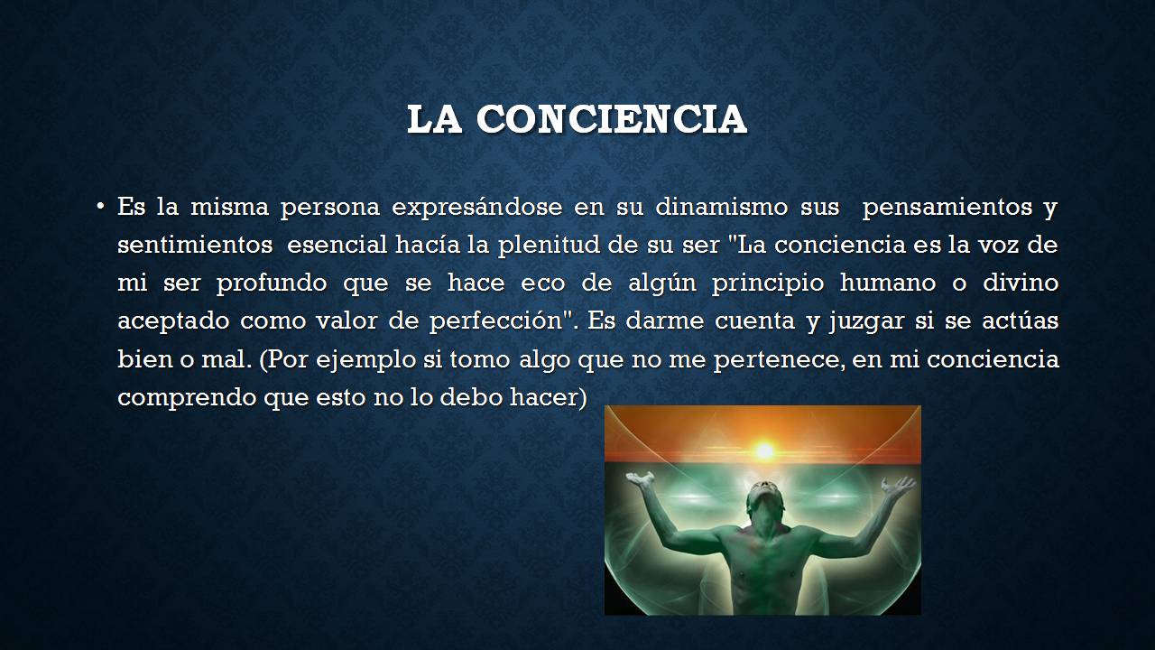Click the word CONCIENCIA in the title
coord(612,119)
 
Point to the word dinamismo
coord(721,208)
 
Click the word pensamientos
coord(947,208)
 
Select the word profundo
coord(270,283)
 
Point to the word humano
coord(885,283)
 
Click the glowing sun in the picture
coord(764,449)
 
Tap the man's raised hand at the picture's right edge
coord(900,487)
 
